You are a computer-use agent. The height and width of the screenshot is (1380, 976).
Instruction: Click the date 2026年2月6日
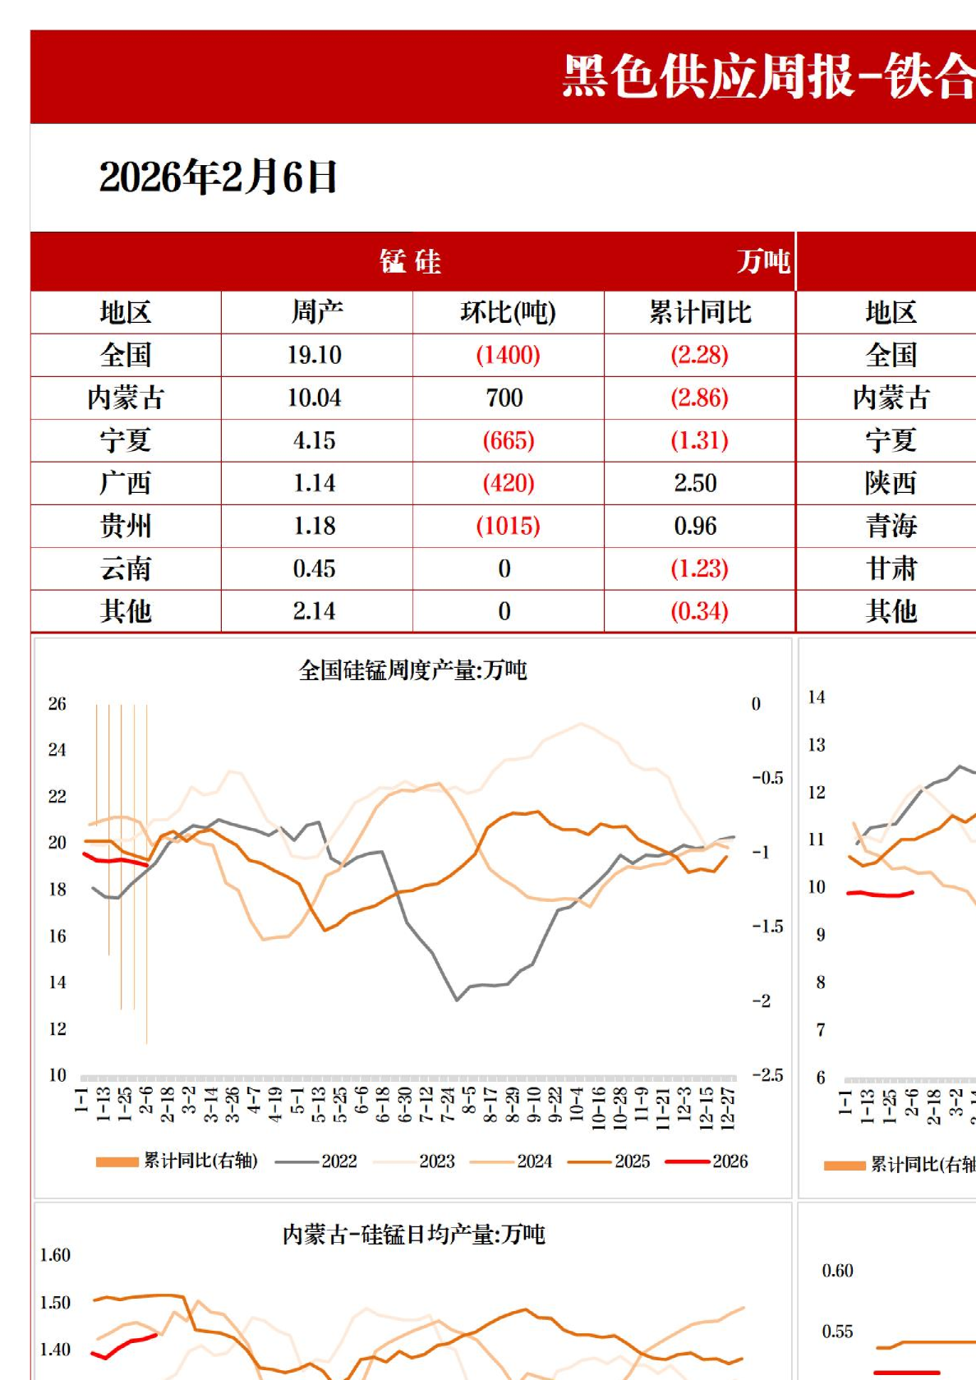pyautogui.click(x=218, y=177)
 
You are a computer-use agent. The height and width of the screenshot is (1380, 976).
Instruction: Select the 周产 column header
pyautogui.click(x=316, y=312)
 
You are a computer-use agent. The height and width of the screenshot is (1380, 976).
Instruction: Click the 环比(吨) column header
pyautogui.click(x=508, y=312)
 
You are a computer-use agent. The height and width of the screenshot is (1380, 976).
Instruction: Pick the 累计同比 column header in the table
pyautogui.click(x=700, y=312)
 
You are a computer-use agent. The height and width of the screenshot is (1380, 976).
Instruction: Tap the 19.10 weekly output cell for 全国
pyautogui.click(x=315, y=355)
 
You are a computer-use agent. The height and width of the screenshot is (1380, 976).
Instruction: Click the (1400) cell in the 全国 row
pyautogui.click(x=508, y=355)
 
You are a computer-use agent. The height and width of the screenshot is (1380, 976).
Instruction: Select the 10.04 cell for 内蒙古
pyautogui.click(x=315, y=398)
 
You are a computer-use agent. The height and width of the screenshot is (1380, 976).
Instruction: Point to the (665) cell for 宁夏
pyautogui.click(x=508, y=440)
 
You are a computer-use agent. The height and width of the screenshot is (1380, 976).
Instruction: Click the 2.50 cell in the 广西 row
pyautogui.click(x=695, y=483)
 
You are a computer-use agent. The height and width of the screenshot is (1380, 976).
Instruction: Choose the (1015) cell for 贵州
pyautogui.click(x=508, y=526)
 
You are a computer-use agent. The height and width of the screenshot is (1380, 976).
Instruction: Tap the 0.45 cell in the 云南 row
pyautogui.click(x=315, y=568)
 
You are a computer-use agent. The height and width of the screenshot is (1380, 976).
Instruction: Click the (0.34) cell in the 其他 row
pyautogui.click(x=699, y=611)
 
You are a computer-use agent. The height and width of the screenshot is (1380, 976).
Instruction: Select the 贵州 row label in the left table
pyautogui.click(x=126, y=526)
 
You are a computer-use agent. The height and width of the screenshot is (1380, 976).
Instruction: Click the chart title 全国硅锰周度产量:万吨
pyautogui.click(x=412, y=670)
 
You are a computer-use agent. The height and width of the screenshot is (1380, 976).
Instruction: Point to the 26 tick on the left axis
pyautogui.click(x=57, y=704)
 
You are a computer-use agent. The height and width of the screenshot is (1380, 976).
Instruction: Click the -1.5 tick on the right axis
pyautogui.click(x=767, y=927)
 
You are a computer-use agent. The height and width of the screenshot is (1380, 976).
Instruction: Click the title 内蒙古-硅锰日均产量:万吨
pyautogui.click(x=413, y=1234)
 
